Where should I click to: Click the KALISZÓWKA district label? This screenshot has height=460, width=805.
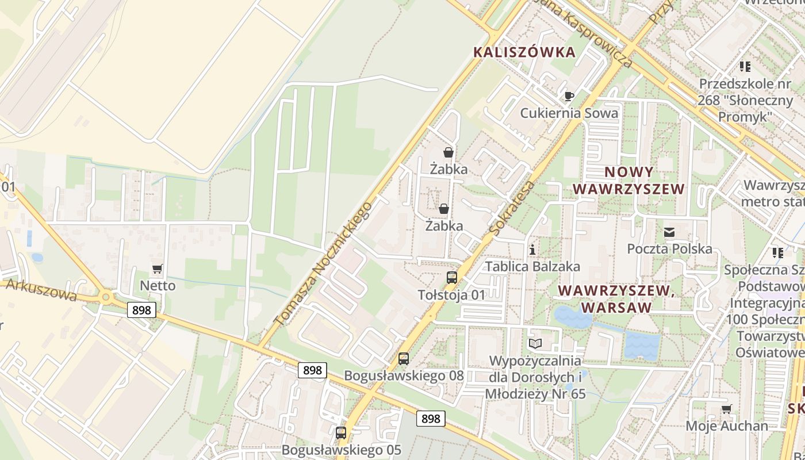tap(524, 52)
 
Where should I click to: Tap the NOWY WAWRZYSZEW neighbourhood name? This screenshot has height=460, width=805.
tap(629, 181)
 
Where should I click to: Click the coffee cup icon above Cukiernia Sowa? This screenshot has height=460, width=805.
tap(569, 96)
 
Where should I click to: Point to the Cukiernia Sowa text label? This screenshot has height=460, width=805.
tap(569, 113)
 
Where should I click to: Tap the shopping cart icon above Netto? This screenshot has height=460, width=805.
tap(158, 269)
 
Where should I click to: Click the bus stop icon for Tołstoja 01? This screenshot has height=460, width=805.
tap(452, 278)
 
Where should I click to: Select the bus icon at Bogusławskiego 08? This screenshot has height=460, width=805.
tap(404, 359)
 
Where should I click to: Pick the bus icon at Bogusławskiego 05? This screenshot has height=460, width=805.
tap(341, 433)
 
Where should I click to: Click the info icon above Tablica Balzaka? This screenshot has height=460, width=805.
tap(533, 250)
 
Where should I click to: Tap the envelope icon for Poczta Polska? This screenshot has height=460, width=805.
tap(669, 232)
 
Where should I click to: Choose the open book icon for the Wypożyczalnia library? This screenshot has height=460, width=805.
tap(535, 344)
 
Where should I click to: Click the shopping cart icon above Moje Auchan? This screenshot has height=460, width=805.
tap(727, 409)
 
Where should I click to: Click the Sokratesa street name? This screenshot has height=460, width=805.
tap(512, 208)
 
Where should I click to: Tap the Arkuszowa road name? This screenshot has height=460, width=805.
tap(40, 290)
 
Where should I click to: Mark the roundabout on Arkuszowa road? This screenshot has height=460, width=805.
tap(106, 297)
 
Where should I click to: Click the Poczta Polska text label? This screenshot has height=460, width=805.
tap(669, 249)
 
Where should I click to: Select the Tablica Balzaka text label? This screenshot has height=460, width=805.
tap(532, 267)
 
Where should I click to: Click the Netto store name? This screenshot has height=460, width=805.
tap(158, 286)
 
